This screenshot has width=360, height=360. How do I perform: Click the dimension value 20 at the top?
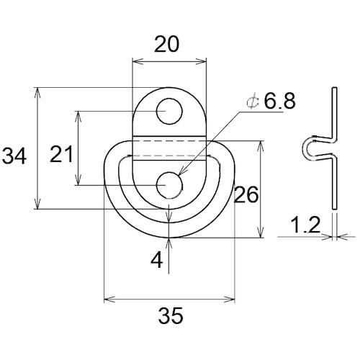(x=166, y=44)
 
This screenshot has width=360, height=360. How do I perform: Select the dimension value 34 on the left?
(x=14, y=156)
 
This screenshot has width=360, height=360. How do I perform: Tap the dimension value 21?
(x=61, y=153)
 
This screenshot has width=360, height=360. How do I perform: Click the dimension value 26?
(x=246, y=194)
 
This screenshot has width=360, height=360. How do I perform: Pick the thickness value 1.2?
(x=305, y=225)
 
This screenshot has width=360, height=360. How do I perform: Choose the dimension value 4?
(x=157, y=260)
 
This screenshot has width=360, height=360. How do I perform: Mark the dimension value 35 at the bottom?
(x=171, y=315)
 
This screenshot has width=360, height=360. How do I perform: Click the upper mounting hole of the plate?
(x=169, y=112)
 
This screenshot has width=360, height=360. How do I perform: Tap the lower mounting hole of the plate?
(x=169, y=185)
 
